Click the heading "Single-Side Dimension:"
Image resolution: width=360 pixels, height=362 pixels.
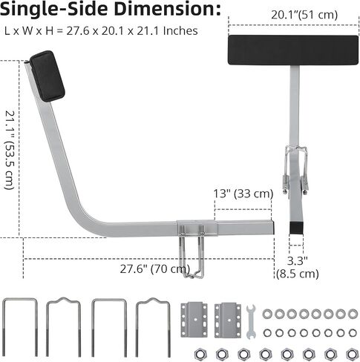pyautogui.click(x=110, y=10)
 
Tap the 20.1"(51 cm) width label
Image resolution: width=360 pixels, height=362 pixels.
pyautogui.click(x=304, y=15)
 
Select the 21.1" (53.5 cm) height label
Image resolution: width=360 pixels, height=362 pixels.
pyautogui.click(x=10, y=151)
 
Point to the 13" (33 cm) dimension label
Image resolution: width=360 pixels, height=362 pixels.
pyautogui.click(x=243, y=194)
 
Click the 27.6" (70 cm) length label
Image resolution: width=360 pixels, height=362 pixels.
pyautogui.click(x=155, y=269)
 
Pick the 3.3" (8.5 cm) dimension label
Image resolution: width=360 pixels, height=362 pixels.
pyautogui.click(x=297, y=267)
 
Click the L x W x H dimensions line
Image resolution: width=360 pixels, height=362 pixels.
pyautogui.click(x=101, y=31)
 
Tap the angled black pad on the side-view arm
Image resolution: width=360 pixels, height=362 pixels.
pyautogui.click(x=48, y=76)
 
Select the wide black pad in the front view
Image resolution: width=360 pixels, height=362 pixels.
pyautogui.click(x=293, y=50)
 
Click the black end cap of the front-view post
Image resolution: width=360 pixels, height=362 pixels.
pyautogui.click(x=296, y=228)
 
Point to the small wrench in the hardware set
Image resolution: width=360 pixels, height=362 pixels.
pyautogui.click(x=251, y=321)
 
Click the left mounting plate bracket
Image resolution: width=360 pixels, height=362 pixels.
pyautogui.click(x=194, y=320)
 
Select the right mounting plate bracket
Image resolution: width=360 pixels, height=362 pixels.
pyautogui.click(x=228, y=320)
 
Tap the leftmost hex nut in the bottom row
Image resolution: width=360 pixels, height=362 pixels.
pyautogui.click(x=200, y=355)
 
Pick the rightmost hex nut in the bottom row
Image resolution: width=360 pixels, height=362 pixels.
pyautogui.click(x=352, y=355)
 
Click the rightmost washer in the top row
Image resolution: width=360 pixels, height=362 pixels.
pyautogui.click(x=353, y=314)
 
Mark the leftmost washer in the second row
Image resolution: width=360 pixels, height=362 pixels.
pyautogui.click(x=267, y=333)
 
